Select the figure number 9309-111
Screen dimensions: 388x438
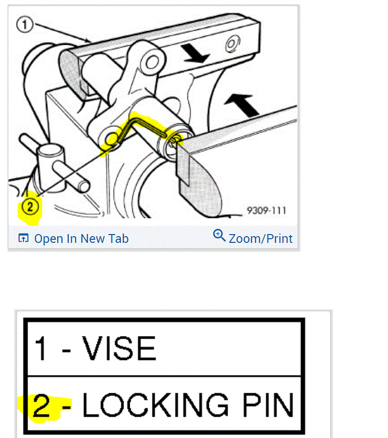[x=266, y=211]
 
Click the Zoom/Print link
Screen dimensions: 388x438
[x=253, y=238]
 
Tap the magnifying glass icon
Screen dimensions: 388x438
[x=219, y=235]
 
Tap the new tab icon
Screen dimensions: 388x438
[x=23, y=238]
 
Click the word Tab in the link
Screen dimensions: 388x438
[x=118, y=239]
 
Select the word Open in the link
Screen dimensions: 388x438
[x=48, y=239]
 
